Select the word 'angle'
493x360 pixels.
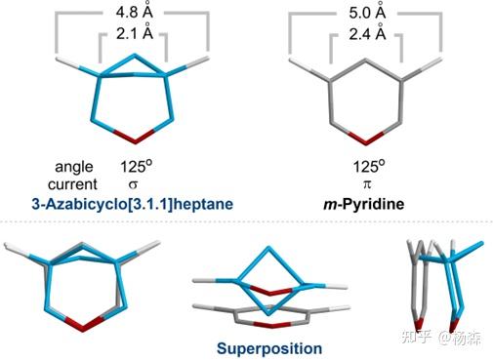coord(76,165)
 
